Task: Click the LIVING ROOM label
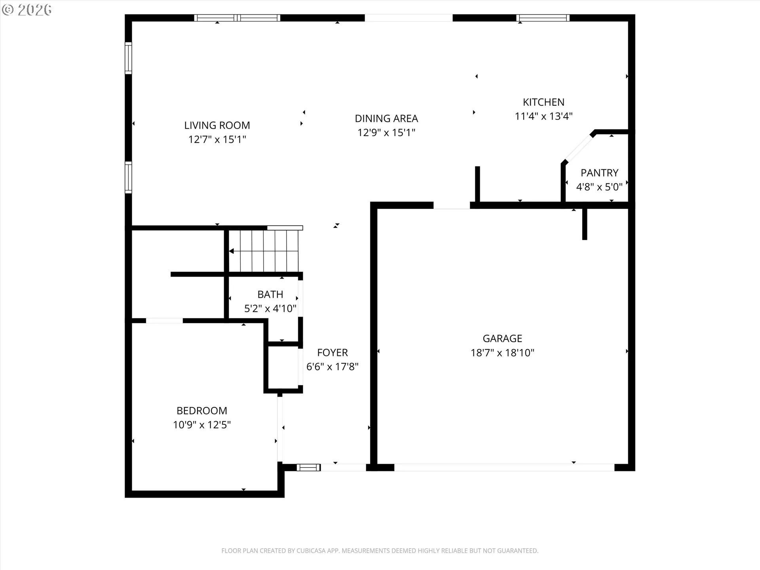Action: (217, 125)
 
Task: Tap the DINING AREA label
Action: (386, 118)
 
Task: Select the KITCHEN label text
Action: (543, 102)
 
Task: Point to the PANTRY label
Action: (599, 173)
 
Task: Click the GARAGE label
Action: (502, 338)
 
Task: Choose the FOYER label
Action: (332, 353)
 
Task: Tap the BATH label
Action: (270, 294)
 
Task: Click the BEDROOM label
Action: (202, 411)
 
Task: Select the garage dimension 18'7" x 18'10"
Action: (502, 353)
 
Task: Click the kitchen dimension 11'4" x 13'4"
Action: (543, 116)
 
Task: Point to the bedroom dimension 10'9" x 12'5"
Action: (202, 425)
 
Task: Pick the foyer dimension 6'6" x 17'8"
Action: (332, 367)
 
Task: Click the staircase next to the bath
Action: (264, 251)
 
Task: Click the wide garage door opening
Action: (504, 467)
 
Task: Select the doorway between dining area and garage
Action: (452, 205)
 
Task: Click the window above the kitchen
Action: (543, 18)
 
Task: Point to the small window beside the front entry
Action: (308, 467)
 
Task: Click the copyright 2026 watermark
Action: (27, 10)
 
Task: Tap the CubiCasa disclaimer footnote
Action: (380, 551)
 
